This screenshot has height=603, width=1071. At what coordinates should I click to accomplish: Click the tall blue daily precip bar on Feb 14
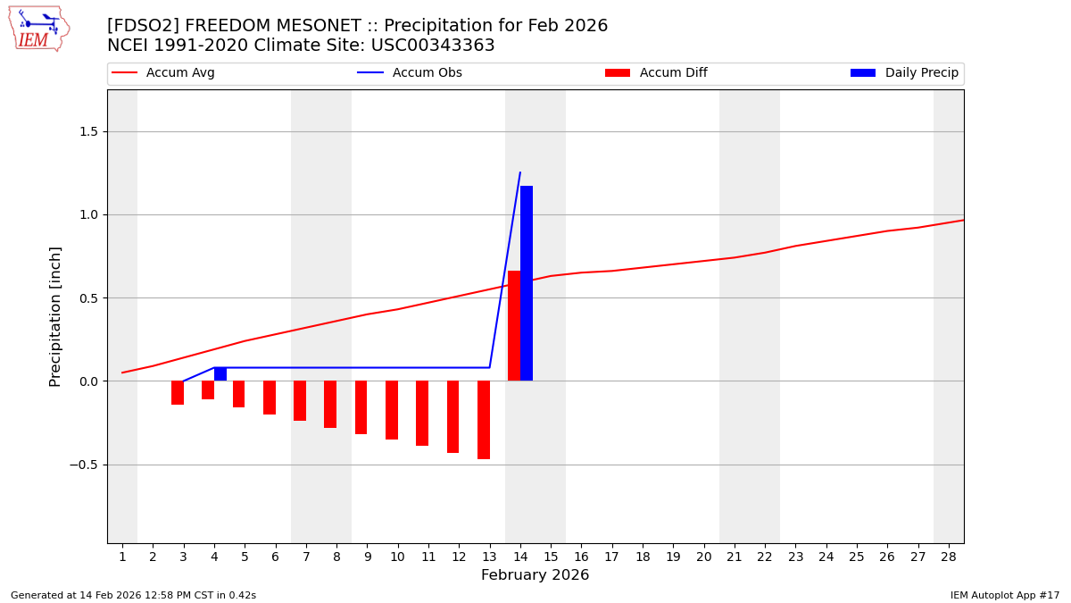pos(527,283)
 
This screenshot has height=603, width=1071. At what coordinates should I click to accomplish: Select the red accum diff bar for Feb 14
pos(514,326)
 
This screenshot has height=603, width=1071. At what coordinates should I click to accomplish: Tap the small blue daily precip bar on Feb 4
pos(220,374)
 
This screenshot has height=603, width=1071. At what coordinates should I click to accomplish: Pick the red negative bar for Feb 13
pos(484,420)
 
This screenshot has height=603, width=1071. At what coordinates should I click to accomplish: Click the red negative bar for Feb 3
pos(178,393)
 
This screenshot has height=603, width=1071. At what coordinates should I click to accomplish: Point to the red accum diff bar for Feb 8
pos(330,405)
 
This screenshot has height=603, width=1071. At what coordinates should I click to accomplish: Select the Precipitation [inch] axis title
pos(55,316)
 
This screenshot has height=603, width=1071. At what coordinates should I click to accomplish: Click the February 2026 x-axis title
pos(535,575)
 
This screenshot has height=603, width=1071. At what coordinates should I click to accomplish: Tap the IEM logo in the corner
pos(38,29)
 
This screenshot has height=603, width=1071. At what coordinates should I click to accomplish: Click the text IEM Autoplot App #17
pos(1005,596)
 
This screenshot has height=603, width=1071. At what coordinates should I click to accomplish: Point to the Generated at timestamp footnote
pos(133,596)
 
